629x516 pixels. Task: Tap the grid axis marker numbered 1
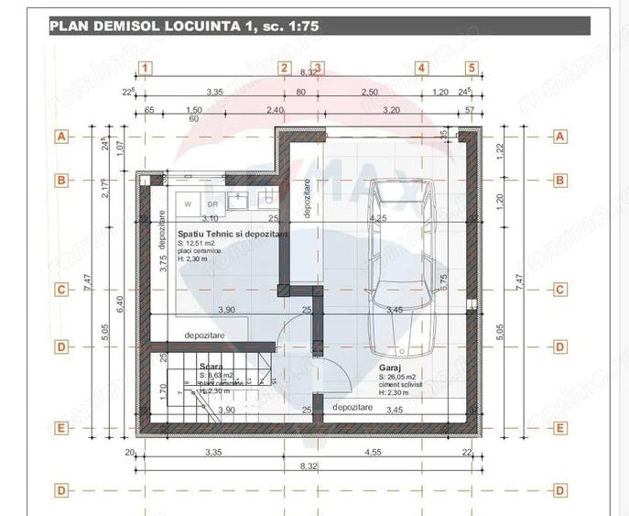pyautogui.click(x=146, y=67)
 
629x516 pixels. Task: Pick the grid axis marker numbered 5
pyautogui.click(x=472, y=67)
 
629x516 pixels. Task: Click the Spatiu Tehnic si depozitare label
pyautogui.click(x=233, y=235)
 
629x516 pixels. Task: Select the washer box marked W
pyautogui.click(x=188, y=203)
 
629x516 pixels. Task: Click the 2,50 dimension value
pyautogui.click(x=369, y=93)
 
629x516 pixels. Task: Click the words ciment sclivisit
pyautogui.click(x=403, y=385)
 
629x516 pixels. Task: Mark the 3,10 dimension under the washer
pyautogui.click(x=209, y=219)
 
